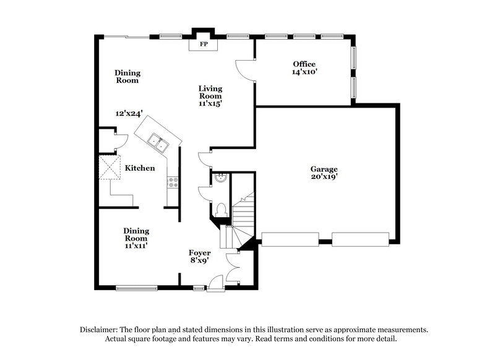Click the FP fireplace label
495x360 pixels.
202,45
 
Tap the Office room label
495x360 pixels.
304,64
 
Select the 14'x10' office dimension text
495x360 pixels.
304,72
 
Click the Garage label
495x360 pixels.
324,169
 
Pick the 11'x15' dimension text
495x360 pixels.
210,104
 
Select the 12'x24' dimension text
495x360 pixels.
129,114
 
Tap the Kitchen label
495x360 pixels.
140,168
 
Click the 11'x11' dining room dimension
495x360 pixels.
136,246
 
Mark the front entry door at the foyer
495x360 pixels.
215,284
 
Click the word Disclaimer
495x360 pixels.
100,330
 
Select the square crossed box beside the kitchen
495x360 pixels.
110,166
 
